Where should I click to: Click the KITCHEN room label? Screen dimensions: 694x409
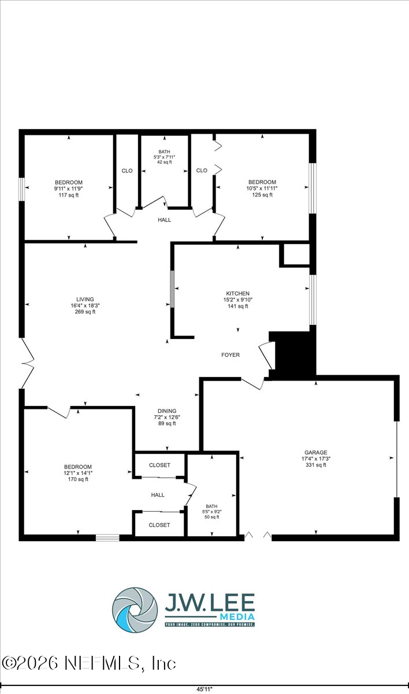pos(237,293)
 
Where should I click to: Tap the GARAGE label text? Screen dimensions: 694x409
pos(316,452)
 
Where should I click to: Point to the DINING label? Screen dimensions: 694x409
pos(166,411)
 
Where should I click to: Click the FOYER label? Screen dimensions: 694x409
pos(230,355)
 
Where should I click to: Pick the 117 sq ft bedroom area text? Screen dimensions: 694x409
pos(69,195)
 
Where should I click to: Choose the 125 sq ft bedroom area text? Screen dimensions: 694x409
pos(262,195)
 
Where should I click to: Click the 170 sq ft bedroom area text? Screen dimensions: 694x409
pos(78,479)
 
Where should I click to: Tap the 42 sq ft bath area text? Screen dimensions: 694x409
pos(164,163)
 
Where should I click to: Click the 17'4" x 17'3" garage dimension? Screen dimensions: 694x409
pos(316,459)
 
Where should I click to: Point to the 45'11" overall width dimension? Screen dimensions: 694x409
pos(204,689)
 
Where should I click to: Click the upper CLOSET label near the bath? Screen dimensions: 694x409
pos(159,465)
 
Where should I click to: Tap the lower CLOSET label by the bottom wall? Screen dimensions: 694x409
pos(159,525)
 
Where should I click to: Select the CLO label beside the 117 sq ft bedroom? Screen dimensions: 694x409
pos(127,171)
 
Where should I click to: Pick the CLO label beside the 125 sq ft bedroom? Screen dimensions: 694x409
pos(202,171)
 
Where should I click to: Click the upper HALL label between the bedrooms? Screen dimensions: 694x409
pos(164,220)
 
